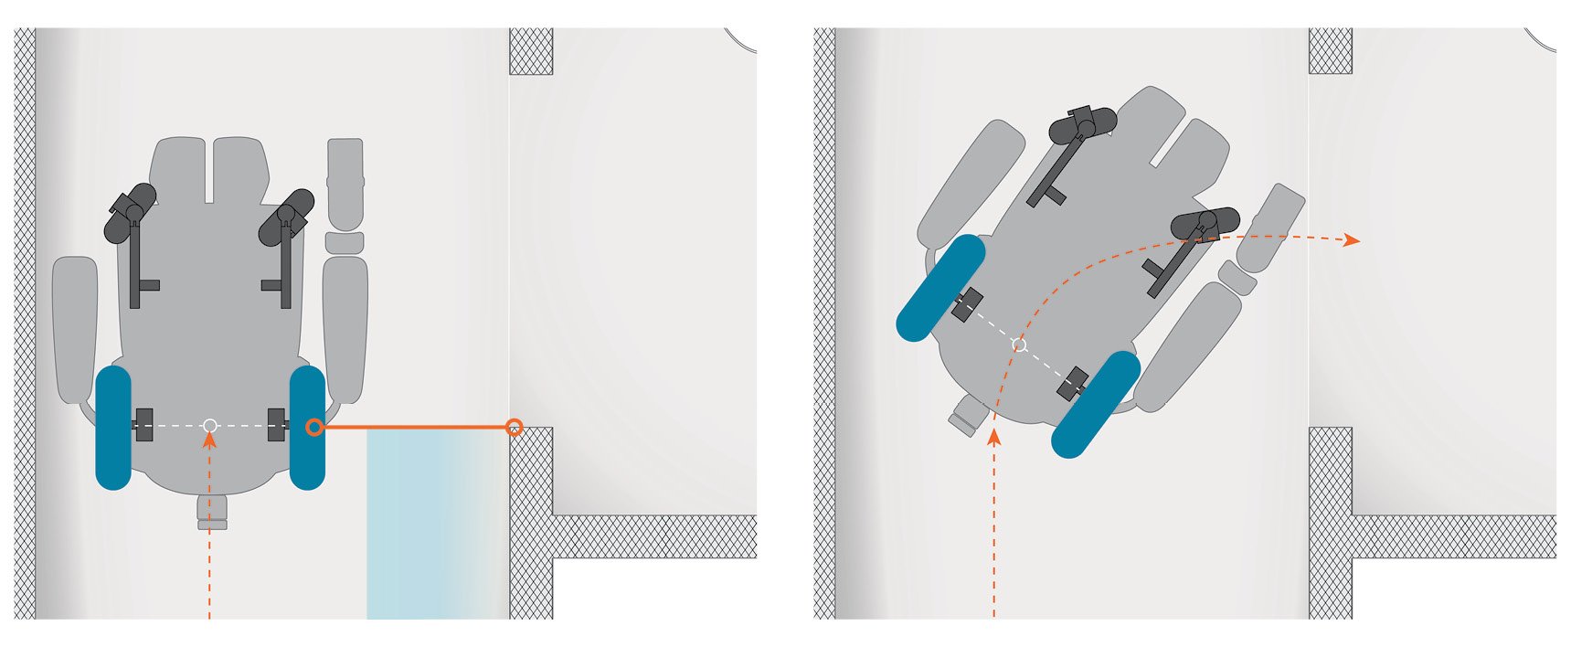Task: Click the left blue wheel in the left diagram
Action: (113, 428)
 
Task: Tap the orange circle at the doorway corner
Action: (515, 427)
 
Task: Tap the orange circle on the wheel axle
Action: (314, 427)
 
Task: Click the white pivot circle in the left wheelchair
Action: (209, 425)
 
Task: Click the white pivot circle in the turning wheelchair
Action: (1020, 345)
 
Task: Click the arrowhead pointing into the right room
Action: (1352, 240)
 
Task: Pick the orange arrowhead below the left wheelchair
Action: (209, 440)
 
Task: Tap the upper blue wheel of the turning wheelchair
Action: (940, 288)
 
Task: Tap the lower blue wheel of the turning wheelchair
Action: (1096, 404)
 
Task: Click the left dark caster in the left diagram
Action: (130, 213)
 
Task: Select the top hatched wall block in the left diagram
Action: (531, 51)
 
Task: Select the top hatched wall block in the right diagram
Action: (1331, 51)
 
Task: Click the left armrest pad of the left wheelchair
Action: (75, 329)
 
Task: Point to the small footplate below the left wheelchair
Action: (212, 514)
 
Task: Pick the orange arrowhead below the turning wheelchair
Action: (994, 438)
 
